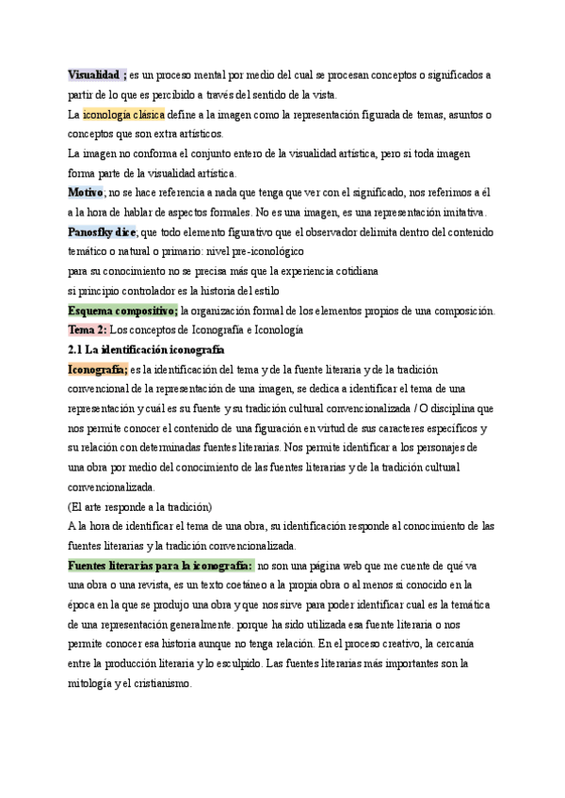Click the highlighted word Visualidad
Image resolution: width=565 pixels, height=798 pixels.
pyautogui.click(x=95, y=74)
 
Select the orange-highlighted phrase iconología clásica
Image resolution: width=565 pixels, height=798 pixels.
pyautogui.click(x=123, y=115)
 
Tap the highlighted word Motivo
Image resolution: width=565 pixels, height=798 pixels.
pyautogui.click(x=86, y=192)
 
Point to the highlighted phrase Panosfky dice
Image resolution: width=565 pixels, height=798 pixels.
pyautogui.click(x=102, y=231)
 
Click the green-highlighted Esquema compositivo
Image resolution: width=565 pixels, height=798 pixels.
pyautogui.click(x=122, y=311)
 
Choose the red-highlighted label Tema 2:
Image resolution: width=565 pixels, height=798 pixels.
pyautogui.click(x=88, y=330)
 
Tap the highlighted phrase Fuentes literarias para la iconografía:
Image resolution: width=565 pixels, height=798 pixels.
pyautogui.click(x=160, y=565)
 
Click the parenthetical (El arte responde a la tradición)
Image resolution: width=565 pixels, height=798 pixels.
pyautogui.click(x=140, y=506)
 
